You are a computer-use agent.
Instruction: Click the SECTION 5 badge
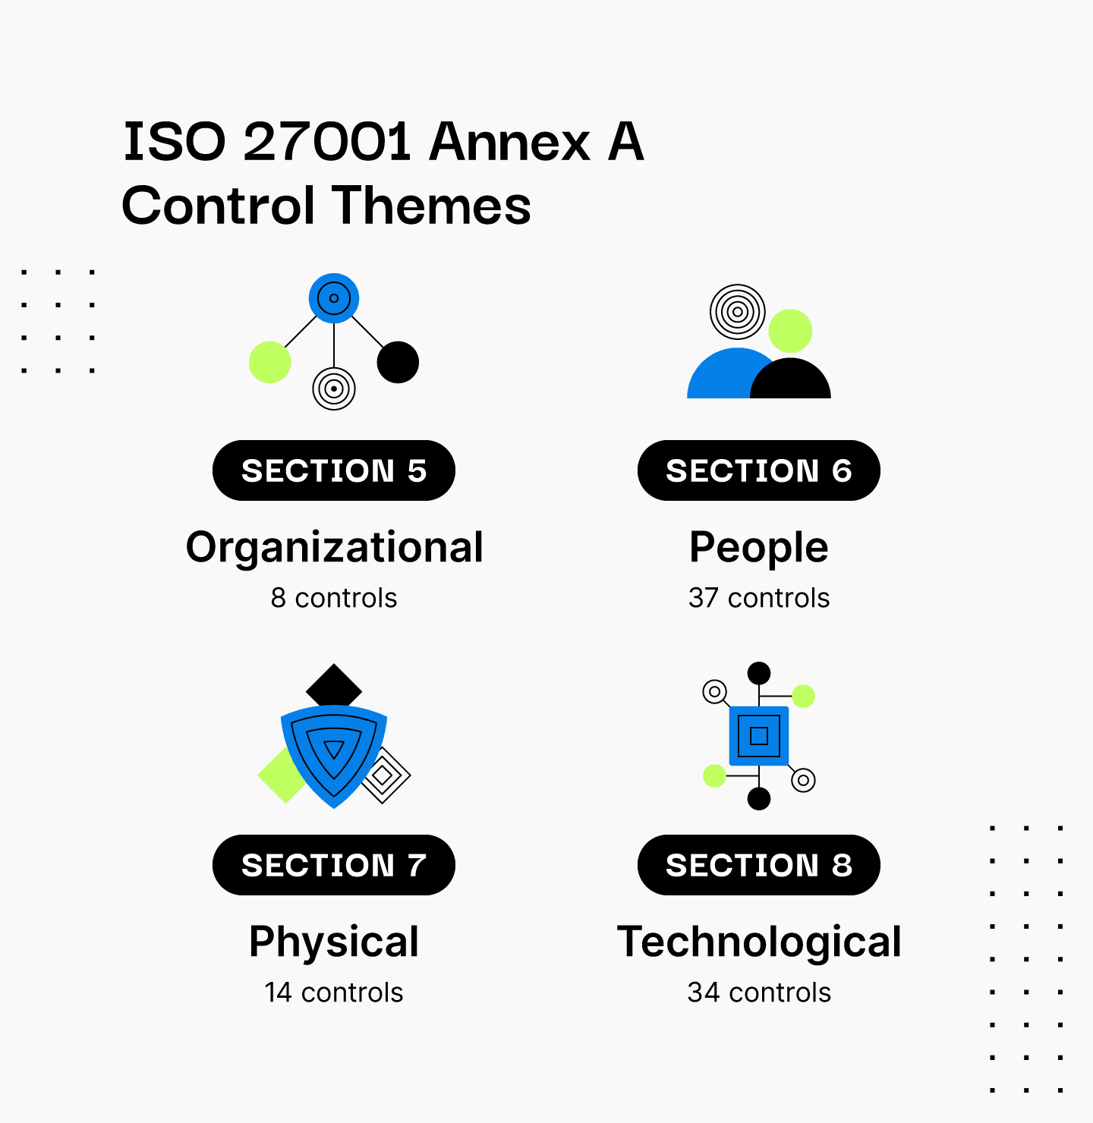[334, 470]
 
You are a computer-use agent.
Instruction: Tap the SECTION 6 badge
[759, 470]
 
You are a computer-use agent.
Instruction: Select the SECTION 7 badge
[334, 865]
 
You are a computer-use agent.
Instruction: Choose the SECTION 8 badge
[759, 865]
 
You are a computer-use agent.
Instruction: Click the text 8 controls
[334, 598]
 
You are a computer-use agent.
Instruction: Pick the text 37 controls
[759, 598]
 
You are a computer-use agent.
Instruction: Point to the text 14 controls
[334, 992]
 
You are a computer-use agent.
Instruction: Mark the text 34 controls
[759, 992]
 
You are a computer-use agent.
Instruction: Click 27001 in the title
[327, 141]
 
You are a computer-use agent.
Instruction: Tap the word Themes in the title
[431, 206]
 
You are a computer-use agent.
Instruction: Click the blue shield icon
[334, 756]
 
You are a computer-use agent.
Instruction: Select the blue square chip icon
[759, 736]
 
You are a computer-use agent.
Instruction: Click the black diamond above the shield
[334, 686]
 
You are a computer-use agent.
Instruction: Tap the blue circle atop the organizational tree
[334, 298]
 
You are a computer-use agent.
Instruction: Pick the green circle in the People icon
[790, 331]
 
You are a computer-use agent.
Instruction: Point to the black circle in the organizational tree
[398, 363]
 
